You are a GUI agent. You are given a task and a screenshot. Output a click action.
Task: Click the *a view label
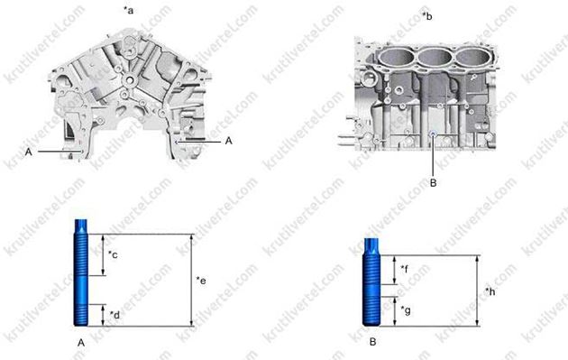(x=129, y=10)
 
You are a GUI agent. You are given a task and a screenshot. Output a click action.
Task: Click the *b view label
(x=427, y=16)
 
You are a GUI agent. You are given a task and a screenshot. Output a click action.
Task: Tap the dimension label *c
(x=113, y=254)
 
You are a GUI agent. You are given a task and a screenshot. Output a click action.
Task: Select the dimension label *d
(x=115, y=315)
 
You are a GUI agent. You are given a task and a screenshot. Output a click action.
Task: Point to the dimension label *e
(x=201, y=281)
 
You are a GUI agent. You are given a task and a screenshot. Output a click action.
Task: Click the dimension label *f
(x=405, y=269)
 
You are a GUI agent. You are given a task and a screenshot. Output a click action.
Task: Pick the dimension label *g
(x=406, y=310)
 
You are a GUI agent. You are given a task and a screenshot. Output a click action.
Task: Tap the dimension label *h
(x=490, y=291)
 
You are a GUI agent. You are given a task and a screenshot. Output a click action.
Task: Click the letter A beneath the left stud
(x=81, y=343)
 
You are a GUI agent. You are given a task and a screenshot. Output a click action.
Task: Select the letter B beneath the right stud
(x=372, y=342)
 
